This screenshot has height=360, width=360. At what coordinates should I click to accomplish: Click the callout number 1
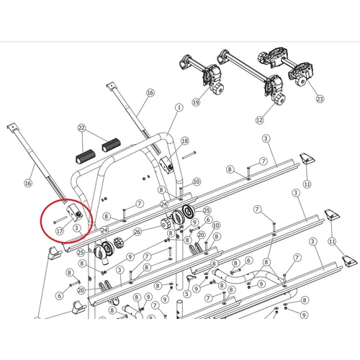tap(179, 107)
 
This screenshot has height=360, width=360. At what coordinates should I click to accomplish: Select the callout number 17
tap(59, 231)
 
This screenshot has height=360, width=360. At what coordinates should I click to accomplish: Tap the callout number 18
tap(185, 140)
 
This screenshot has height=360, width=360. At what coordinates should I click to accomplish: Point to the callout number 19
tap(196, 102)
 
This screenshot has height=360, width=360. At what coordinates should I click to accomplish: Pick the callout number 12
tap(259, 120)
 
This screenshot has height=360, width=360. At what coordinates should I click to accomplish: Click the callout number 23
tap(320, 99)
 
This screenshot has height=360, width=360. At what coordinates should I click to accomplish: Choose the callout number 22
tap(81, 127)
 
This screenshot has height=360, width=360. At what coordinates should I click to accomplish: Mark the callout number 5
tap(186, 294)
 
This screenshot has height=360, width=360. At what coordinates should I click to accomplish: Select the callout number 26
tap(138, 232)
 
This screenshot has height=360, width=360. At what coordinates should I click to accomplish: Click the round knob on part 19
tap(218, 89)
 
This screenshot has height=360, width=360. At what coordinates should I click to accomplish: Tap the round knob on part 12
tap(279, 99)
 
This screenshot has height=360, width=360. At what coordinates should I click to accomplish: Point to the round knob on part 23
tap(301, 81)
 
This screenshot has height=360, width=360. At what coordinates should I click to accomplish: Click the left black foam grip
tap(86, 156)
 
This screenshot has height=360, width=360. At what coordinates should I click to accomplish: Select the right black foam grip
tap(111, 145)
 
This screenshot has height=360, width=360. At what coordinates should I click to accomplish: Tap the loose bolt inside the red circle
tap(60, 220)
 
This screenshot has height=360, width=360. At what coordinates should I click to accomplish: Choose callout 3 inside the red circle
tap(77, 228)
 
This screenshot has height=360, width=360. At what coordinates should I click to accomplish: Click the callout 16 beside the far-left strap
tap(28, 183)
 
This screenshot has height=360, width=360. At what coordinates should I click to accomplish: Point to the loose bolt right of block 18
tap(189, 155)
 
